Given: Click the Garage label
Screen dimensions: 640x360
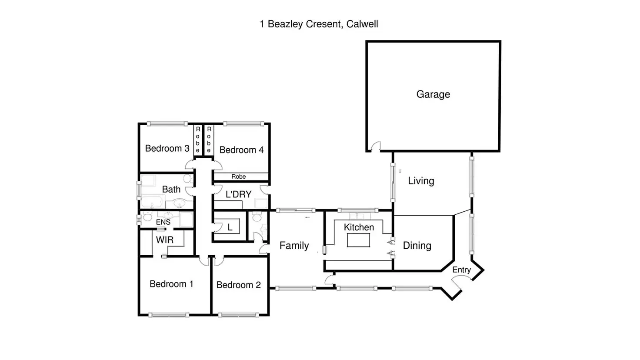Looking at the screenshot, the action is click(x=433, y=94).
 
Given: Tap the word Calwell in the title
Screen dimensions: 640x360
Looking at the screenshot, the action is click(x=362, y=24).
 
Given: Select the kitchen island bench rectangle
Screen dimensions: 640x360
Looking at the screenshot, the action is click(x=358, y=240).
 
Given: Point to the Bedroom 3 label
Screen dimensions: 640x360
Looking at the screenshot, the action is click(x=167, y=148).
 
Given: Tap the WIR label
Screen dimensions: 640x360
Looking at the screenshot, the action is click(x=165, y=240).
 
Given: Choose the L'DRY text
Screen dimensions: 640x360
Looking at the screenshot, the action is click(x=239, y=194).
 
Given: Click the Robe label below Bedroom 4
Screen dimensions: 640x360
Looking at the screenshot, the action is click(x=239, y=177).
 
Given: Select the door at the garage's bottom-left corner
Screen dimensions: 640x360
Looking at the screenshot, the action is click(x=375, y=146).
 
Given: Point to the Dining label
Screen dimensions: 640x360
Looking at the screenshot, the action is click(x=417, y=245).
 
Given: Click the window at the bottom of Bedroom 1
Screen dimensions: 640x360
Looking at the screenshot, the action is click(x=169, y=315).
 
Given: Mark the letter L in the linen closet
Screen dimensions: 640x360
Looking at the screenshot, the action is click(x=230, y=227).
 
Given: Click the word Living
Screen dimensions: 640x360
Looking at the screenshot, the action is click(x=421, y=181).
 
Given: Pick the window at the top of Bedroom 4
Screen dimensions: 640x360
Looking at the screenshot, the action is click(x=244, y=124).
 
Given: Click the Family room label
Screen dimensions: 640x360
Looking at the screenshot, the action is click(x=294, y=245).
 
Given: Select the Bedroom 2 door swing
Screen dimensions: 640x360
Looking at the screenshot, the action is click(x=219, y=261).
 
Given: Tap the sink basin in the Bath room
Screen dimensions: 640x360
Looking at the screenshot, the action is click(x=179, y=203).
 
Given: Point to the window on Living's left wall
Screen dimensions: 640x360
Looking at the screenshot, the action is click(x=393, y=182).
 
